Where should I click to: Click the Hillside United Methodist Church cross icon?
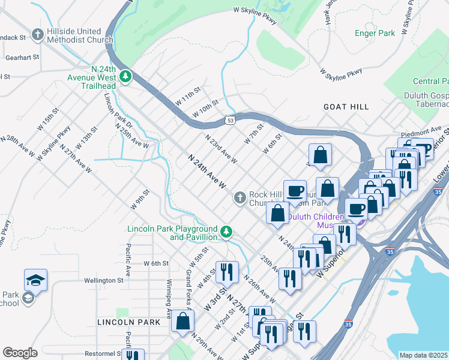(38, 34)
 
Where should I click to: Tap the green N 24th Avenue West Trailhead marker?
(125, 76)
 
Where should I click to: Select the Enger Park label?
(375, 34)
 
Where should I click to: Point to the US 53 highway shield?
(230, 121)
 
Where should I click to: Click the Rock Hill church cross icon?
(240, 197)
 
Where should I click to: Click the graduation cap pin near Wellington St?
(35, 280)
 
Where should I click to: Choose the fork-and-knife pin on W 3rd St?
(227, 272)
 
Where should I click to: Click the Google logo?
(20, 353)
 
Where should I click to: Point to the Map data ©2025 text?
(423, 355)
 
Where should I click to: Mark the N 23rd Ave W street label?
(221, 149)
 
